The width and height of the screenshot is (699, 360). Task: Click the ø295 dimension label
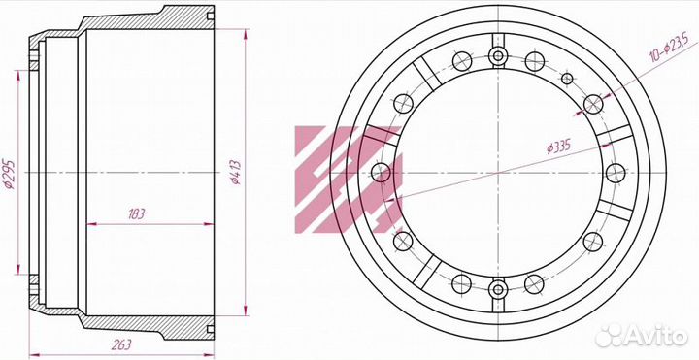pyautogui.click(x=10, y=174)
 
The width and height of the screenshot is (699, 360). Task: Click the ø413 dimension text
pyautogui.click(x=236, y=172)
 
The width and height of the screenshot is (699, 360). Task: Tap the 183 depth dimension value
pyautogui.click(x=136, y=214)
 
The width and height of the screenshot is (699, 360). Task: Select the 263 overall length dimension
pyautogui.click(x=121, y=344)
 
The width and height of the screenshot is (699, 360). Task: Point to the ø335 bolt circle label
pyautogui.click(x=558, y=147)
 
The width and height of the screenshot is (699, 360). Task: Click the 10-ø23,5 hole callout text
pyautogui.click(x=669, y=48)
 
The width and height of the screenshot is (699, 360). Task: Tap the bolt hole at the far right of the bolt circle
pyautogui.click(x=616, y=173)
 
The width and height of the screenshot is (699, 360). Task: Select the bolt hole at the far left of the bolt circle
pyautogui.click(x=381, y=173)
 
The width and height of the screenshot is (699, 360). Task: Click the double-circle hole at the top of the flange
pyautogui.click(x=498, y=56)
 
